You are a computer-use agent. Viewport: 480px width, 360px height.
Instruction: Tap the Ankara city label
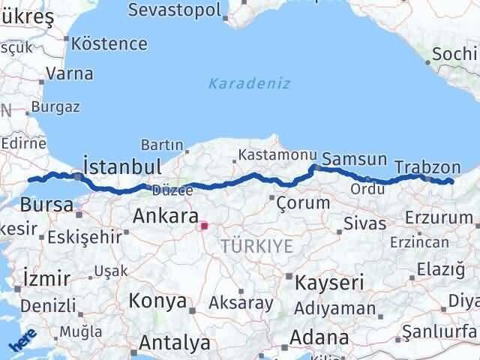(x=164, y=217)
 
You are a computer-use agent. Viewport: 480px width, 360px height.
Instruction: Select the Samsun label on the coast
(x=355, y=160)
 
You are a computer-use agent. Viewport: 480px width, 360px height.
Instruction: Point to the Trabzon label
(x=427, y=167)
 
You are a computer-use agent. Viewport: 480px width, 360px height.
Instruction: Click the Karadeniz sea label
(x=249, y=83)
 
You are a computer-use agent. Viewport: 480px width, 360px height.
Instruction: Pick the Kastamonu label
(x=273, y=154)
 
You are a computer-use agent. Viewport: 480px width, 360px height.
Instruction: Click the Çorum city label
(x=303, y=202)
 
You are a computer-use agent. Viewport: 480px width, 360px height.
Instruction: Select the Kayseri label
(x=329, y=283)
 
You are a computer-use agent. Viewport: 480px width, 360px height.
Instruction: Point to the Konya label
(x=157, y=301)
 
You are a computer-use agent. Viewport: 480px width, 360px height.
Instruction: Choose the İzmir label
(x=47, y=278)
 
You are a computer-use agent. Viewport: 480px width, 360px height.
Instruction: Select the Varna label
(x=69, y=73)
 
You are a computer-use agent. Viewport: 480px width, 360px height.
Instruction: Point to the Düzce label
(x=167, y=190)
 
